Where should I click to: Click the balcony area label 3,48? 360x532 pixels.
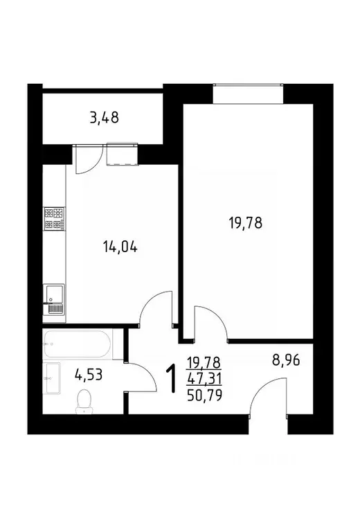point(104,117)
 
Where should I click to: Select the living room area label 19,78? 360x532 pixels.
point(246,223)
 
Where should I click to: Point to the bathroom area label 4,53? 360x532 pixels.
point(89,376)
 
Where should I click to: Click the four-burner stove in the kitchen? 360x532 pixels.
point(54,220)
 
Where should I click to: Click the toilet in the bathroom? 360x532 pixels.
point(84,401)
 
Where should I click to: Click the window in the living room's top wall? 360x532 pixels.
point(249,94)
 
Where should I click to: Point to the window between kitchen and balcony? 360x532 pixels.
point(122,154)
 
